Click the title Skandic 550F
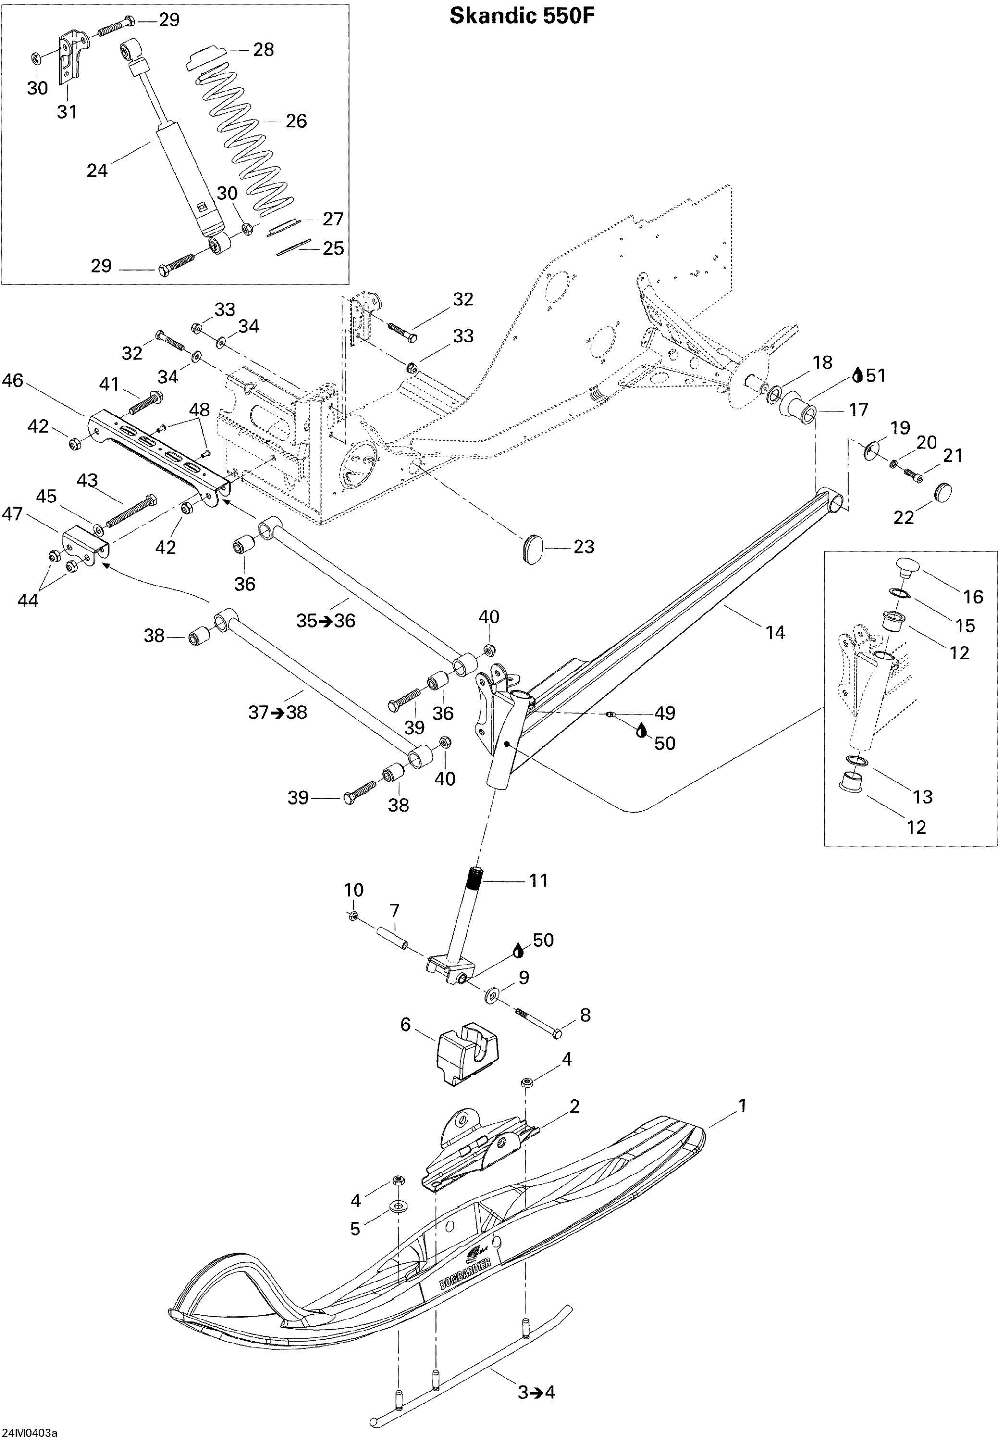click(x=521, y=16)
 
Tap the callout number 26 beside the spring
click(x=296, y=121)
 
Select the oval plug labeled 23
click(x=532, y=548)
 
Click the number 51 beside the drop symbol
click(x=875, y=376)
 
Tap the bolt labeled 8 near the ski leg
click(x=539, y=1025)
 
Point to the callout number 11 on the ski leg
click(x=538, y=880)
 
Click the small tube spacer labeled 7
click(x=391, y=939)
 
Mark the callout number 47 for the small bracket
click(x=12, y=514)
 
